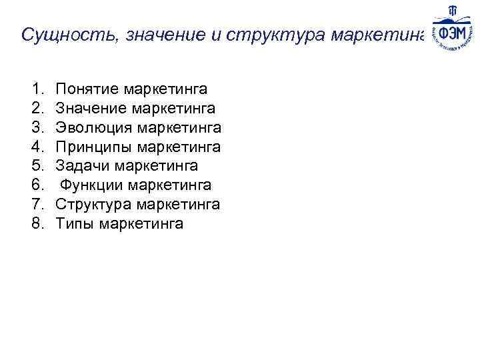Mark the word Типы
pyautogui.click(x=75, y=224)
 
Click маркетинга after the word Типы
pyautogui.click(x=141, y=224)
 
